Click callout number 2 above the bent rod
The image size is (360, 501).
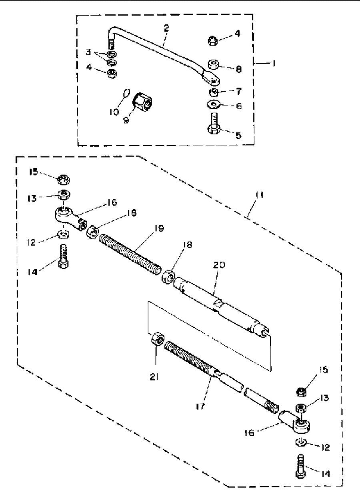point(166,28)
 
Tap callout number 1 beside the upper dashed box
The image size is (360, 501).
point(274,63)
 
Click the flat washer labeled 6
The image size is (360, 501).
point(214,104)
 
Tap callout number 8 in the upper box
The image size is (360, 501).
point(239,69)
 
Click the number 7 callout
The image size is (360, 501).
point(239,91)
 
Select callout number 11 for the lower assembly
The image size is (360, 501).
point(259,195)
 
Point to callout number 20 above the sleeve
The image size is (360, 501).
point(219,265)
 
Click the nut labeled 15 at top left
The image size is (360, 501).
point(64,180)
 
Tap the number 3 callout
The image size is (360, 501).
point(88,52)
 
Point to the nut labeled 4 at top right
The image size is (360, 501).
point(213,41)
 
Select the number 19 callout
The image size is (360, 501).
point(159,228)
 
